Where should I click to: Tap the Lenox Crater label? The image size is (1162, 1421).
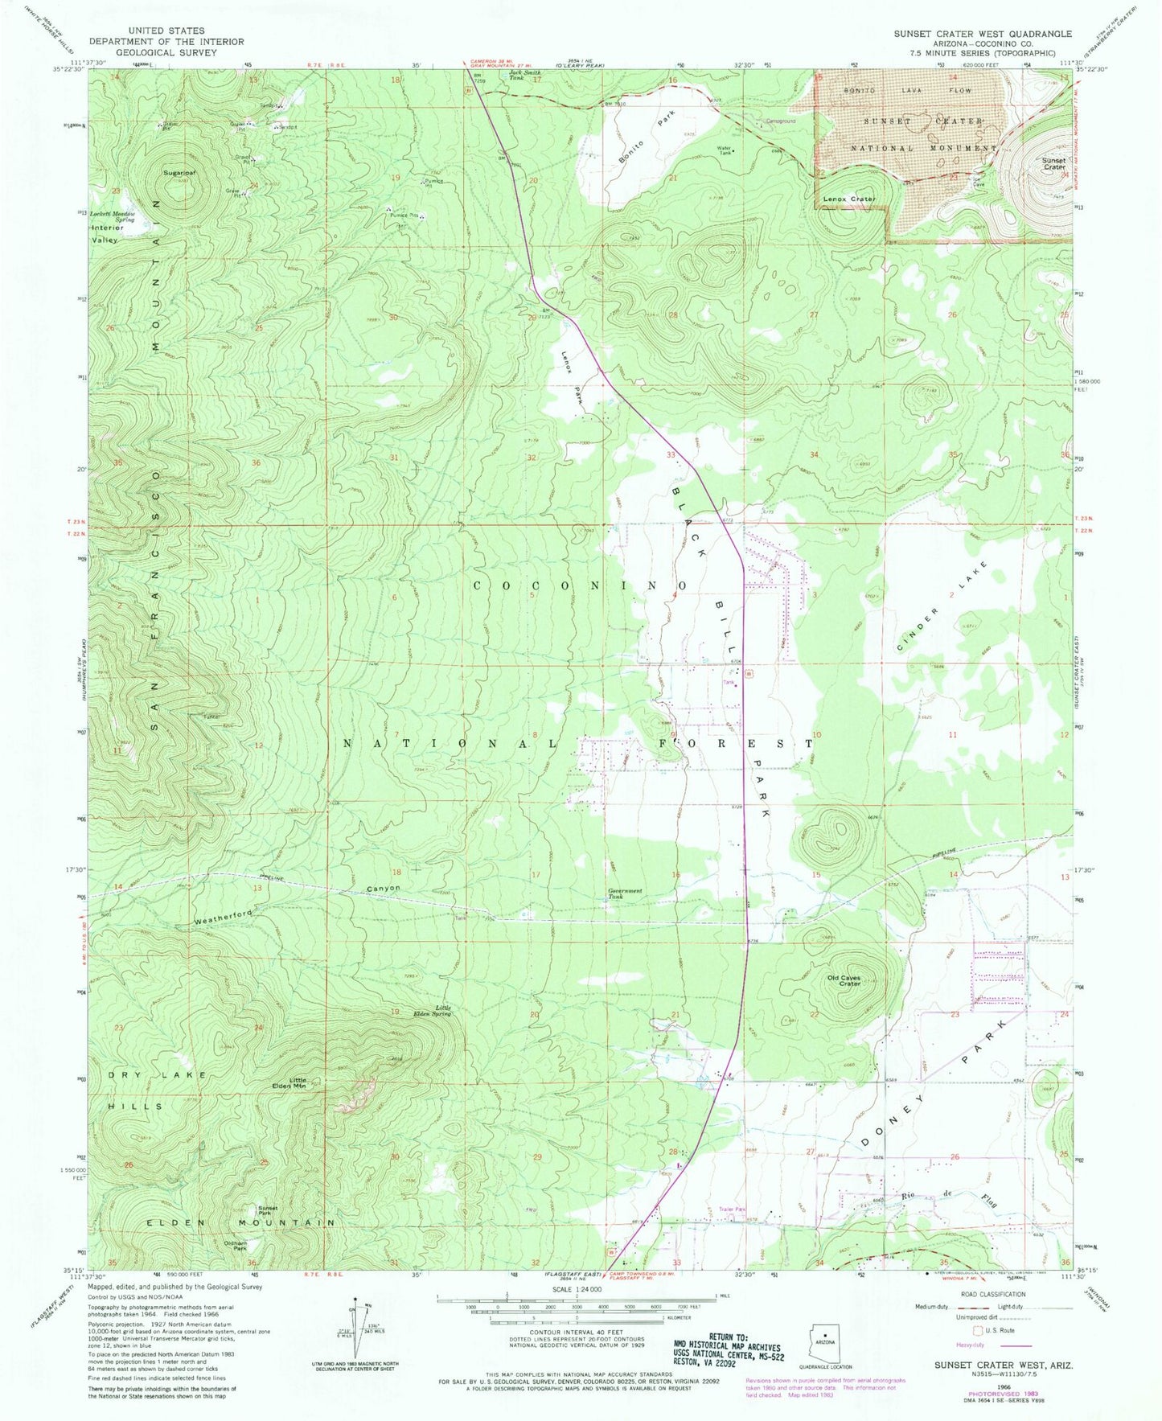[x=848, y=199]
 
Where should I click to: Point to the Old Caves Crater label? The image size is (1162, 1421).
[x=844, y=982]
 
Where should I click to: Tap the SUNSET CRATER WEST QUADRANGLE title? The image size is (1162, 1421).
[x=982, y=34]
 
